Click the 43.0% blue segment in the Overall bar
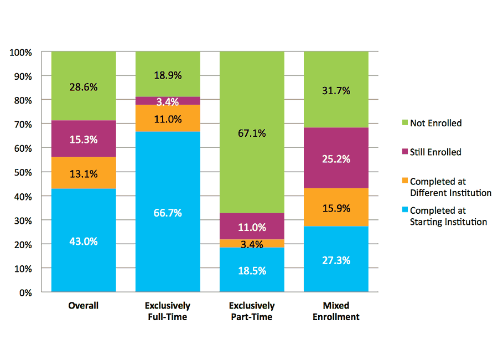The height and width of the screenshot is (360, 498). [x=84, y=240]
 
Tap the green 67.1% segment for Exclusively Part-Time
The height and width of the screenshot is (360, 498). [x=252, y=132]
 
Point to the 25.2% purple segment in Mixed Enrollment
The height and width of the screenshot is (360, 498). [x=336, y=160]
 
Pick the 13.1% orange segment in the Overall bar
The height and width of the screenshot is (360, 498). [x=84, y=173]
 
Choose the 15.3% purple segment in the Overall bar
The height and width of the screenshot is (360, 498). [x=84, y=139]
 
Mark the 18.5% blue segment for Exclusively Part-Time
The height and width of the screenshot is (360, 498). [x=252, y=270]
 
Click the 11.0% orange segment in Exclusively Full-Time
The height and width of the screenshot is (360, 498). [x=168, y=118]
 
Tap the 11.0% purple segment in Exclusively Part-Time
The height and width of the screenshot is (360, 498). [x=252, y=227]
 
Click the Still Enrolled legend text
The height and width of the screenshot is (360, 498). [x=435, y=152]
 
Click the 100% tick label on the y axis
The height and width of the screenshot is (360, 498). [x=21, y=53]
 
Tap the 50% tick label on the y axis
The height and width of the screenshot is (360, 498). [x=23, y=172]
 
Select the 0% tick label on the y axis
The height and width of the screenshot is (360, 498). [x=25, y=292]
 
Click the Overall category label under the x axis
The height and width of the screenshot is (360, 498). [x=84, y=305]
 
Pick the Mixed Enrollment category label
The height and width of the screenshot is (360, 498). [x=336, y=311]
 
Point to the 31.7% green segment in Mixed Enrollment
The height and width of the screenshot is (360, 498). [x=336, y=91]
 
